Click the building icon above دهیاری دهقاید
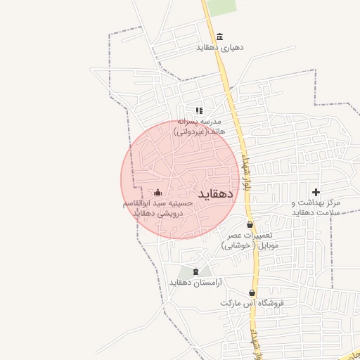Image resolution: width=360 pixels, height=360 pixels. pos(220,37)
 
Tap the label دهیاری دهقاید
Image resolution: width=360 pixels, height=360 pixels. pos(220,49)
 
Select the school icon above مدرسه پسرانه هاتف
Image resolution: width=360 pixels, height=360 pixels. pos(199,110)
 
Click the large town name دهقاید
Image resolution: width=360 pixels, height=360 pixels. pos(215,193)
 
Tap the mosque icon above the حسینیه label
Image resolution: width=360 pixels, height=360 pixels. pos(157,192)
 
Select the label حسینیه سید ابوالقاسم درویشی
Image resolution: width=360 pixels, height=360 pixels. pos(157,207)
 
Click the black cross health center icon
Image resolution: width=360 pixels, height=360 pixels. pos(316,192)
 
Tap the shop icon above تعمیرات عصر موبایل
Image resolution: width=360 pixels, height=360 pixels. pos(250,224)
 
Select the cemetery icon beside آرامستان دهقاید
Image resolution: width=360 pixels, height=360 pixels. pos(195,271)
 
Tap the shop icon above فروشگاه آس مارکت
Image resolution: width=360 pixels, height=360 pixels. pos(252,292)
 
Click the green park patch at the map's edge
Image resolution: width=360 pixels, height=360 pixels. pos(222,6)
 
